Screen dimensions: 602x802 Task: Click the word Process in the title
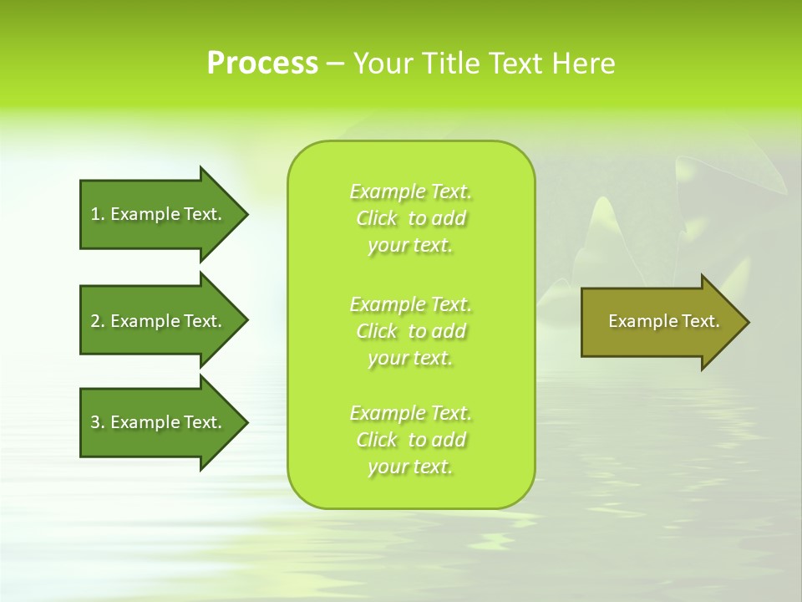click(262, 64)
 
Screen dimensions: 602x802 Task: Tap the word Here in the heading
click(584, 64)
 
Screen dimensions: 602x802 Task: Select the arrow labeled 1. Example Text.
click(159, 214)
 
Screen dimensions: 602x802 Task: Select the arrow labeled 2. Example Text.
click(159, 321)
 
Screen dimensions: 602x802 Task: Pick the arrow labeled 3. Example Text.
click(159, 422)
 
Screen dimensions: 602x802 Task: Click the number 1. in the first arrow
click(98, 214)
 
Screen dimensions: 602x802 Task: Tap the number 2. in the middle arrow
click(98, 321)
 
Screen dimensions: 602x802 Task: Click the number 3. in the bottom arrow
click(98, 422)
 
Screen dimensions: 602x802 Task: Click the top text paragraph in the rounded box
click(410, 218)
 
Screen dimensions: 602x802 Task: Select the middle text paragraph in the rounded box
click(410, 331)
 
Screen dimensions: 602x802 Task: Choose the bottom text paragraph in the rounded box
click(410, 440)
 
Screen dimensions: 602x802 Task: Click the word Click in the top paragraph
click(377, 219)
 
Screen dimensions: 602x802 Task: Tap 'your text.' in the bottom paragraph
click(410, 467)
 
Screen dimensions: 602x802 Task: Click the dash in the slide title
click(335, 64)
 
